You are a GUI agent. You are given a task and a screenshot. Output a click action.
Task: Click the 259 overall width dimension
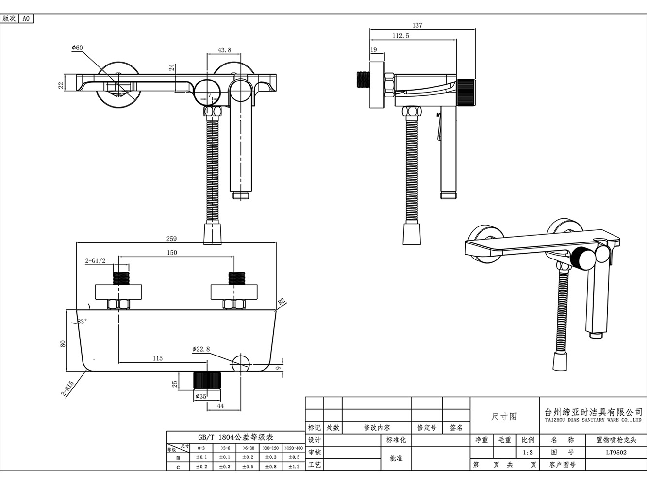coord(171,239)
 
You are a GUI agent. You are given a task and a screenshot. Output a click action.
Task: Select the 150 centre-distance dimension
coord(172,253)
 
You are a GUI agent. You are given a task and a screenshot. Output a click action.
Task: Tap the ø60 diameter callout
coord(77,48)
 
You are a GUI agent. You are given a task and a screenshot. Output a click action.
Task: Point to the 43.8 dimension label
coord(224,50)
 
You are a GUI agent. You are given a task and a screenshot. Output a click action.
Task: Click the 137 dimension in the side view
coord(417,25)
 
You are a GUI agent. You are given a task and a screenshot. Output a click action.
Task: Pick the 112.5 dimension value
coord(401,36)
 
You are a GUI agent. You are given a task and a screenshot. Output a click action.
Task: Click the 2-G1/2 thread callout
coord(95,261)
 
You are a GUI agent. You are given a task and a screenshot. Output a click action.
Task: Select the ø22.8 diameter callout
coord(201,349)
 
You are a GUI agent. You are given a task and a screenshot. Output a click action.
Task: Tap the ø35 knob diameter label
coord(201,396)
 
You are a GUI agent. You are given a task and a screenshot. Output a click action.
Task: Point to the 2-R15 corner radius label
coord(68,388)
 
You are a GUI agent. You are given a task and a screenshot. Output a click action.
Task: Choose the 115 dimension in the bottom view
coord(158,358)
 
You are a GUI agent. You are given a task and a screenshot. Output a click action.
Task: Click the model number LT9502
coord(616,453)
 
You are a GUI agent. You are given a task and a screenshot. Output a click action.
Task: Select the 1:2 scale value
coord(528,453)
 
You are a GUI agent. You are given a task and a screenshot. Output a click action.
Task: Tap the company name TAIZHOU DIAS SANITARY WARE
coord(593,420)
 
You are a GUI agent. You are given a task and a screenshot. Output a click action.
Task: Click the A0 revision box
coord(26,18)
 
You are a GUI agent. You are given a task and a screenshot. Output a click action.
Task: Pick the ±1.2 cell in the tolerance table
coord(294,466)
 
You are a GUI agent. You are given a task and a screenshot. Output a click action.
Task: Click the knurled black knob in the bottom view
coord(207,380)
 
